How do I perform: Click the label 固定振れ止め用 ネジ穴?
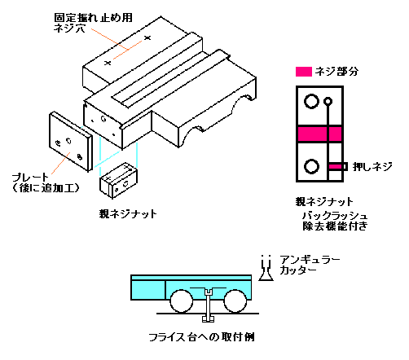pos(93,23)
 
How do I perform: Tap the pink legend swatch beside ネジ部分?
pos(304,72)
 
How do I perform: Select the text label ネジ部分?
pos(336,72)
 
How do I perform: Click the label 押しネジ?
pos(372,166)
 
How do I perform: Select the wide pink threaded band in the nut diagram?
pos(319,134)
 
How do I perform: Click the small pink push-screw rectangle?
pos(336,166)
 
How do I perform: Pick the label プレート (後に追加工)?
pos(46,182)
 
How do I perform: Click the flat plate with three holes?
pos(71,142)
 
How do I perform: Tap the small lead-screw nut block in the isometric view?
pos(118,180)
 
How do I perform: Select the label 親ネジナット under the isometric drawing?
pos(128,214)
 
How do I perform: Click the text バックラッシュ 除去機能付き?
pos(335,221)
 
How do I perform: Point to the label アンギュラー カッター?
pos(310,265)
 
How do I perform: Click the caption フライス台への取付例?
pos(201,337)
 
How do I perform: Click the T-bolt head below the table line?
pos(208,318)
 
